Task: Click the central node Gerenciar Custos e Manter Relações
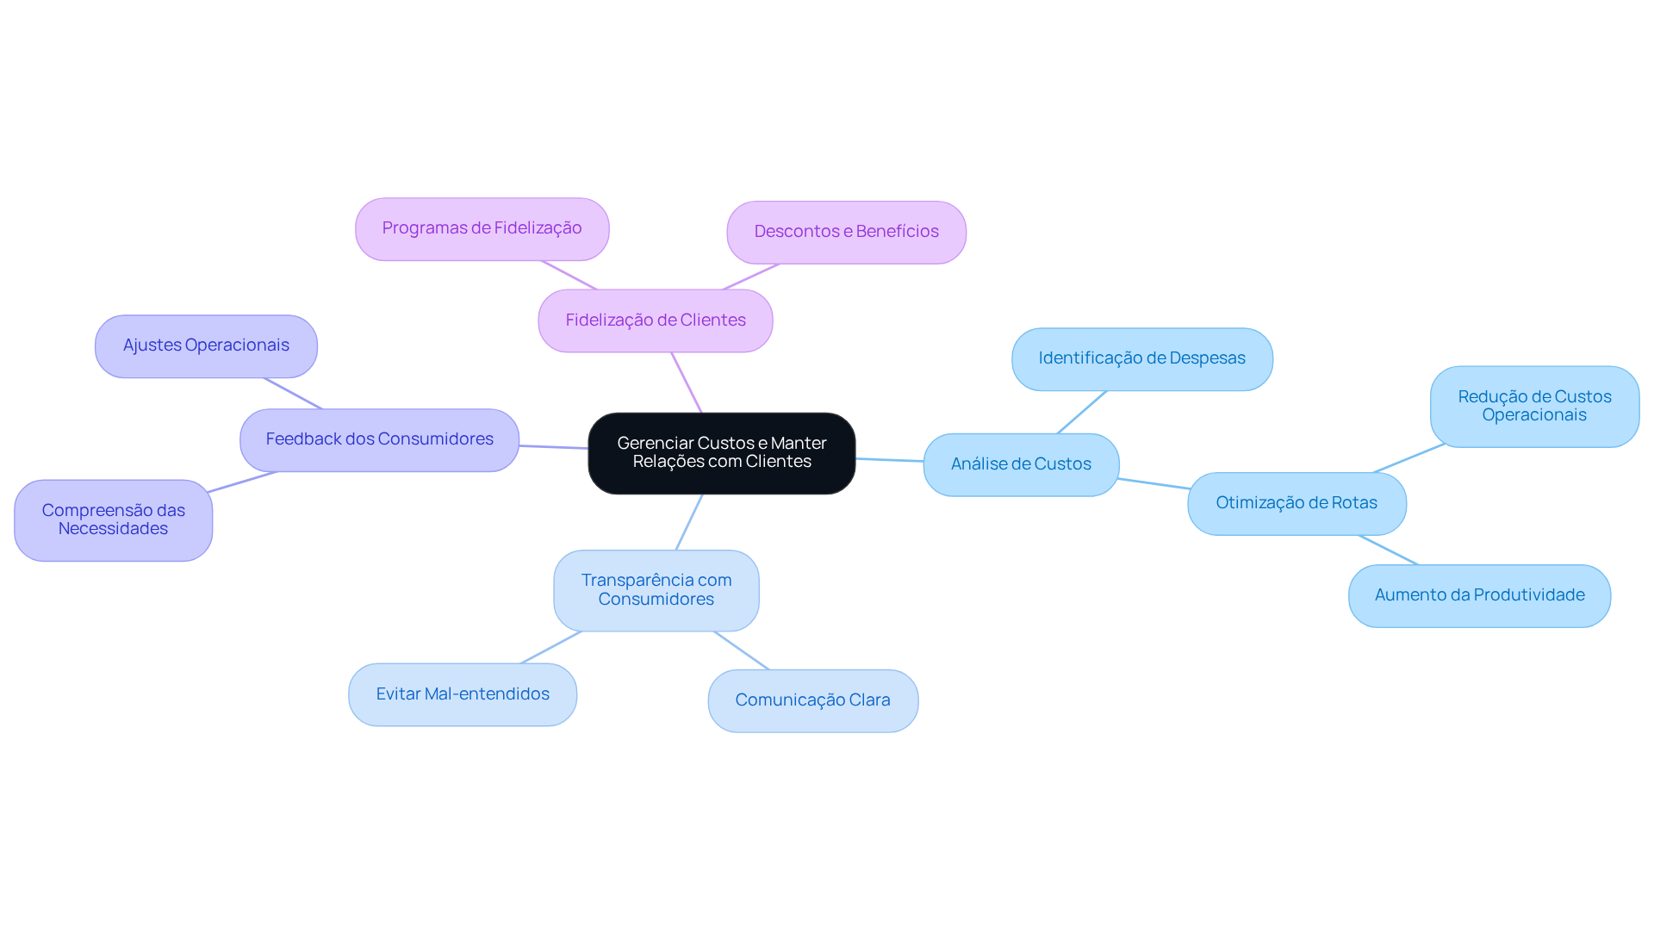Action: (722, 453)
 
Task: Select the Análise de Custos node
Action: (1021, 464)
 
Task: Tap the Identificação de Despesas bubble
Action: (1142, 358)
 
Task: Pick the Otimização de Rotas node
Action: (1296, 503)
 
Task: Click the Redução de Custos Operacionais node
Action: (1534, 406)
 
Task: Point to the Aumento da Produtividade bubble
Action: (1479, 595)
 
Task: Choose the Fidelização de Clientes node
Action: (656, 320)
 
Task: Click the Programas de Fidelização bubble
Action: (482, 228)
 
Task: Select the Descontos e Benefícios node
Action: (846, 232)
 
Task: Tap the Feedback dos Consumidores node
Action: (379, 439)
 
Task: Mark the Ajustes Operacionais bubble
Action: (206, 345)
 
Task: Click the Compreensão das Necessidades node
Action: (113, 519)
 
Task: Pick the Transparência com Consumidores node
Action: (656, 590)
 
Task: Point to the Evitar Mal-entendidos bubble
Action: (463, 694)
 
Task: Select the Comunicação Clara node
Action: (812, 700)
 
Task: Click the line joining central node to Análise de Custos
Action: (890, 460)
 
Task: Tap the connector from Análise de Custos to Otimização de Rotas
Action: (1153, 483)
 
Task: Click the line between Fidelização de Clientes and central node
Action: (687, 383)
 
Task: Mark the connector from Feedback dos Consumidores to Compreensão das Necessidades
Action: (242, 482)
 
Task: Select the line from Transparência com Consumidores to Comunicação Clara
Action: (741, 650)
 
